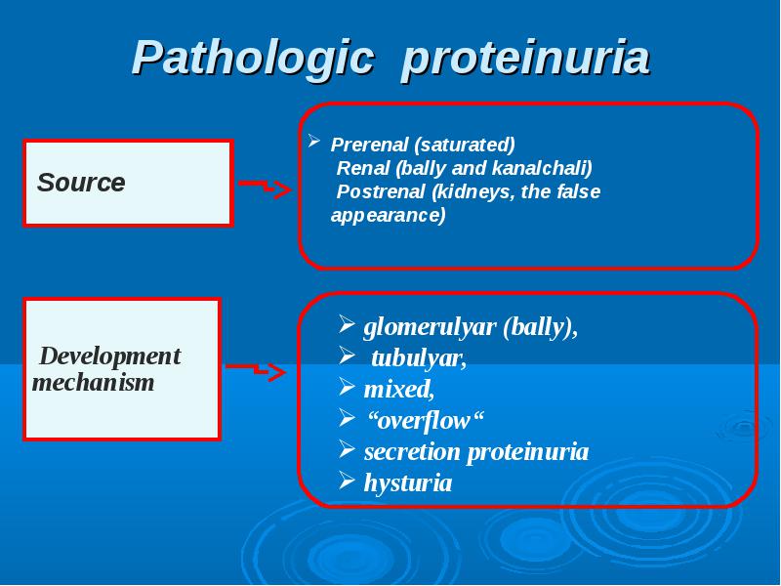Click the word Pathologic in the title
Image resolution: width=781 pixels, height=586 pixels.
click(x=253, y=59)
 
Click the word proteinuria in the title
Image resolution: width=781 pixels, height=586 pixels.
click(x=525, y=59)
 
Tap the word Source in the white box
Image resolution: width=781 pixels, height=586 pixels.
click(x=81, y=182)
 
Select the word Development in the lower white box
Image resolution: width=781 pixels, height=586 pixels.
click(x=110, y=356)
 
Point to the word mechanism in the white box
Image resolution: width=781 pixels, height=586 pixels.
click(x=93, y=382)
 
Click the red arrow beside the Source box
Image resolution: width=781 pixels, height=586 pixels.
click(x=265, y=188)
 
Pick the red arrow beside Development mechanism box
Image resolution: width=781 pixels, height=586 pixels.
click(x=256, y=370)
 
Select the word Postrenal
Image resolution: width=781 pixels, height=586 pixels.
click(x=381, y=191)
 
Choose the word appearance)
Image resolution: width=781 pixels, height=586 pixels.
click(x=388, y=216)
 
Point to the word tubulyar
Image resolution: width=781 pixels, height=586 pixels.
click(x=419, y=358)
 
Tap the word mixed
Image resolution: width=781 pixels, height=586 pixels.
click(x=399, y=389)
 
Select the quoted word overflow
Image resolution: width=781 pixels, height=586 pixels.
click(x=426, y=420)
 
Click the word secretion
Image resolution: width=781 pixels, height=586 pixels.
click(x=412, y=451)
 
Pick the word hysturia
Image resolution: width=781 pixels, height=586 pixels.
click(x=408, y=482)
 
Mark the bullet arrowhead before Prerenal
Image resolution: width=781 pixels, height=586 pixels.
click(x=313, y=141)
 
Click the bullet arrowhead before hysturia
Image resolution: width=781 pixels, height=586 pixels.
click(x=347, y=481)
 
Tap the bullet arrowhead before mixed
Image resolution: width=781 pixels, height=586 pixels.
click(x=347, y=387)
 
